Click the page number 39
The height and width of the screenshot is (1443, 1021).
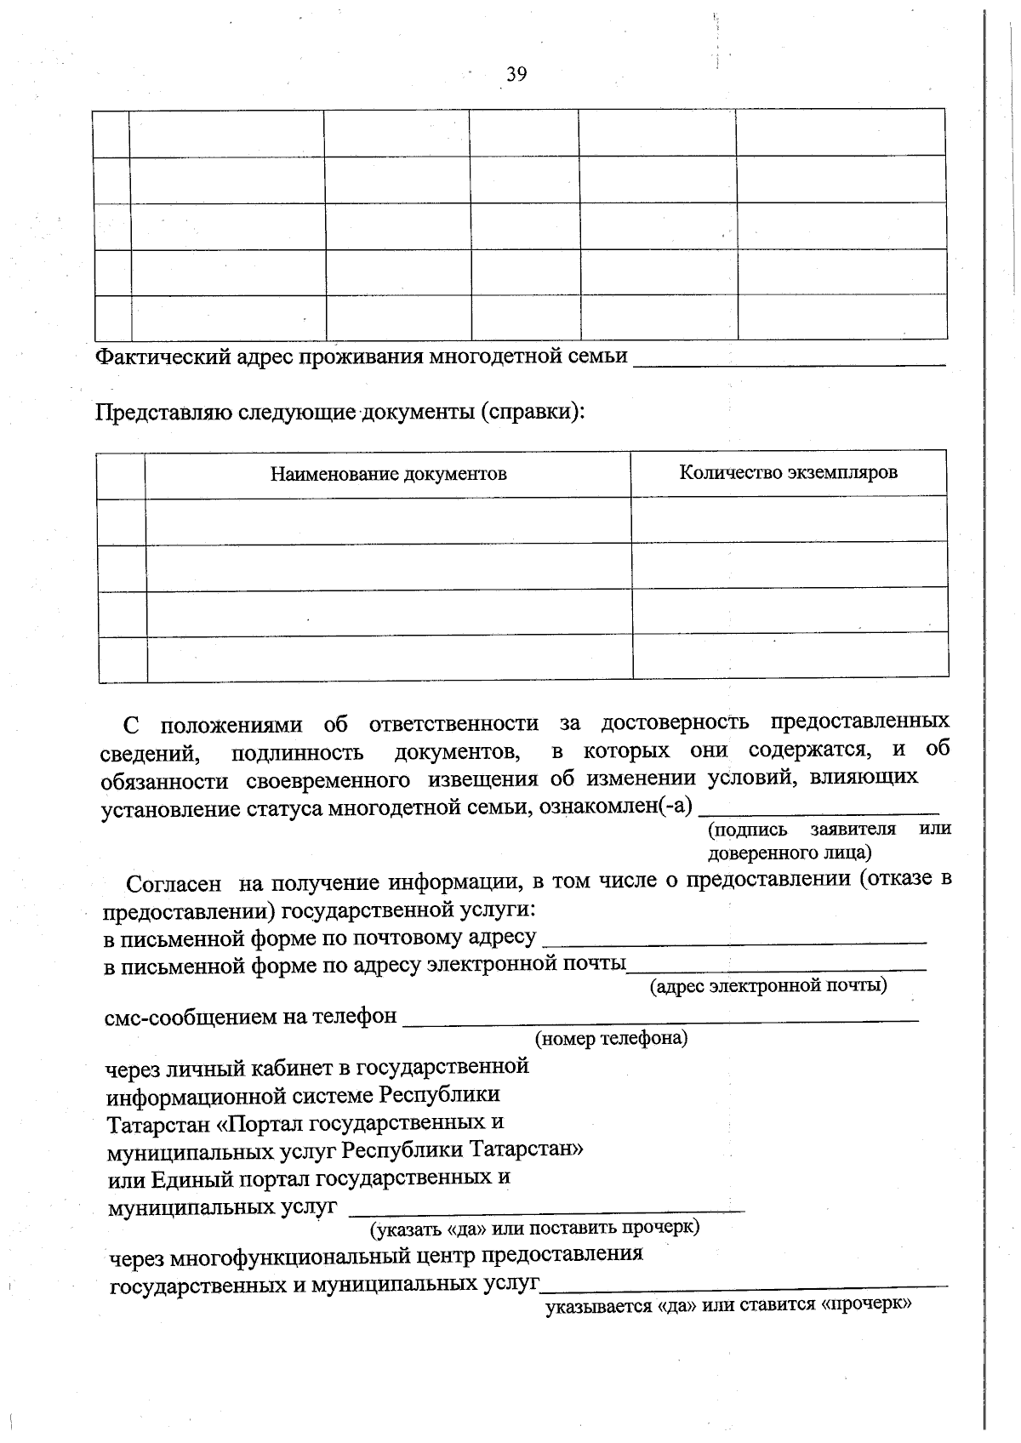pyautogui.click(x=516, y=75)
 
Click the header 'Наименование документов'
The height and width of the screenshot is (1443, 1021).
pyautogui.click(x=389, y=474)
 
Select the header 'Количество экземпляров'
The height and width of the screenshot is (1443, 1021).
pyautogui.click(x=788, y=472)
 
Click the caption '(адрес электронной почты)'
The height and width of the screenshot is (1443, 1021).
pyautogui.click(x=768, y=985)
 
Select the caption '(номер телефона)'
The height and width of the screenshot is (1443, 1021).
pyautogui.click(x=611, y=1038)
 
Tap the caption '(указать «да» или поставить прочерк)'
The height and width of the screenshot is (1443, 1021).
pyautogui.click(x=534, y=1228)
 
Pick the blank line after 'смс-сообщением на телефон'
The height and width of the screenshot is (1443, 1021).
pyautogui.click(x=660, y=1018)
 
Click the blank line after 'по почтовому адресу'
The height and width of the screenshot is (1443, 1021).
pyautogui.click(x=733, y=942)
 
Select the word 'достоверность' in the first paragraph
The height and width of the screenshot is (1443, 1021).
pyautogui.click(x=675, y=722)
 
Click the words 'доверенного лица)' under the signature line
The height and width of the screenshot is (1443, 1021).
pyautogui.click(x=789, y=852)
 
